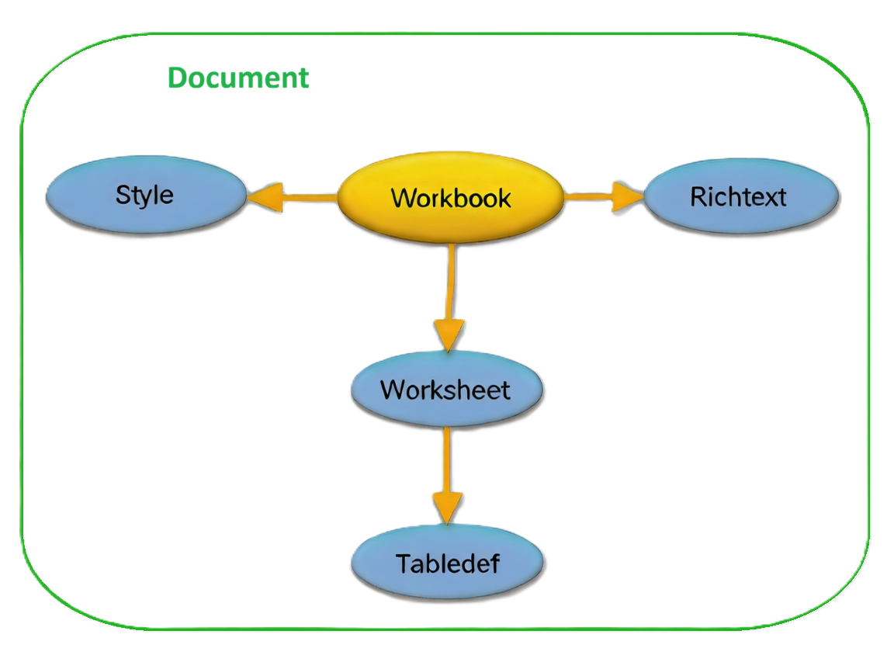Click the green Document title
[238, 78]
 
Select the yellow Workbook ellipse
[451, 198]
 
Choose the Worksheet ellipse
[445, 389]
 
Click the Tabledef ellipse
[447, 563]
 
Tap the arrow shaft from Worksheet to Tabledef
[447, 458]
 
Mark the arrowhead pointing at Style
[264, 198]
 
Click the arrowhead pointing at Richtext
[627, 197]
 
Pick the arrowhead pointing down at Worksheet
[449, 334]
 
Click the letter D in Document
[178, 78]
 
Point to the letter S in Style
[123, 194]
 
